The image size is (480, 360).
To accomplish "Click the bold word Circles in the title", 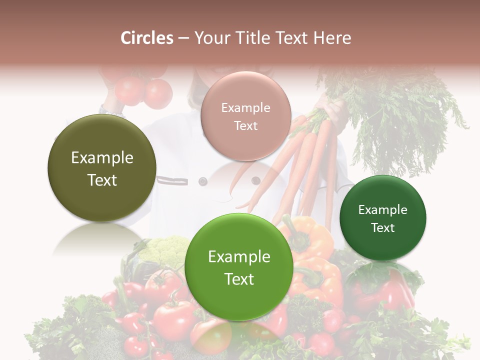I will point(147,38).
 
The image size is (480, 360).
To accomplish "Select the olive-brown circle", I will point(102,168).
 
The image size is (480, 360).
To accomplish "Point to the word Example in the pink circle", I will point(245,107).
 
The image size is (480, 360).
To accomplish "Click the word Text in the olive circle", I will point(102,180).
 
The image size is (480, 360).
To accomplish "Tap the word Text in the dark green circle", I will point(383,228).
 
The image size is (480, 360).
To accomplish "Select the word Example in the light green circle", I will point(239,257).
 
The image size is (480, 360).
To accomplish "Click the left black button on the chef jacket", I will point(203,181).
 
